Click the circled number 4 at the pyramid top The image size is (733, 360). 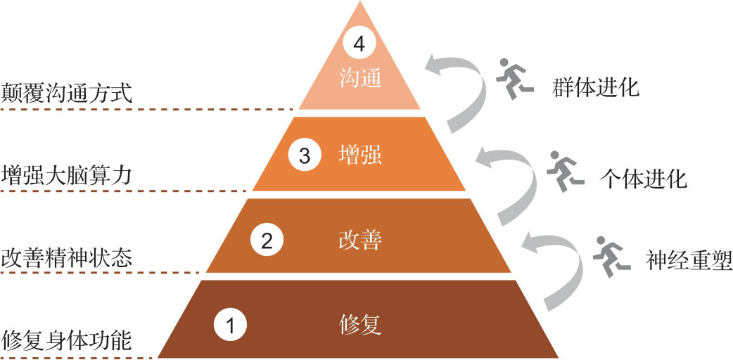pos(359,45)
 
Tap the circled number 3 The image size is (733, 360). pos(304,155)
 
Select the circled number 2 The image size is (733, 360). pos(267,241)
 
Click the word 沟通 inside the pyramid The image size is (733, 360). pos(359,77)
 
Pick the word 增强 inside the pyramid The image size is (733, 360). pos(359,155)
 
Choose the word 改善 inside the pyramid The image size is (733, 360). pos(359,240)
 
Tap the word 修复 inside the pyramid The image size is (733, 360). pos(359,324)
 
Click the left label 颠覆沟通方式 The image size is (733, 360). pos(67,93)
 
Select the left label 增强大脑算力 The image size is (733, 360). pos(67,174)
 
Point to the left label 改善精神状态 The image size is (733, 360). pos(67,257)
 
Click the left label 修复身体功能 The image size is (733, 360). pos(67,340)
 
